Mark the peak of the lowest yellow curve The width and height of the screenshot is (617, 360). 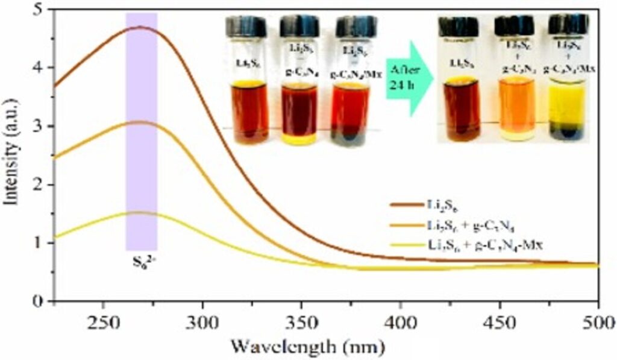(140, 212)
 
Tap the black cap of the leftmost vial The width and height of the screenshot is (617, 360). (246, 27)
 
